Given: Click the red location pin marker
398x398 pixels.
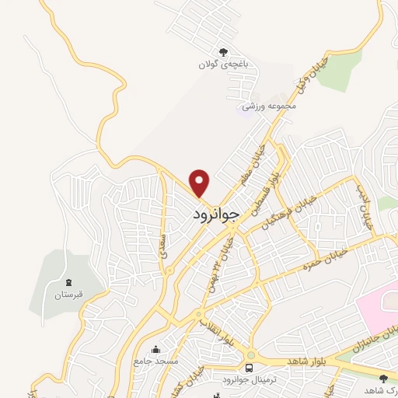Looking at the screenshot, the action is pos(201,182).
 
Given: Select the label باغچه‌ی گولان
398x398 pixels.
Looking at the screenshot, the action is pos(224,66).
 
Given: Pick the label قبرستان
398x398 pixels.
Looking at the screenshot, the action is pos(68,295).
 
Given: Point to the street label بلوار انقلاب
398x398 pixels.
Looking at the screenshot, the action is pos(214,330).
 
